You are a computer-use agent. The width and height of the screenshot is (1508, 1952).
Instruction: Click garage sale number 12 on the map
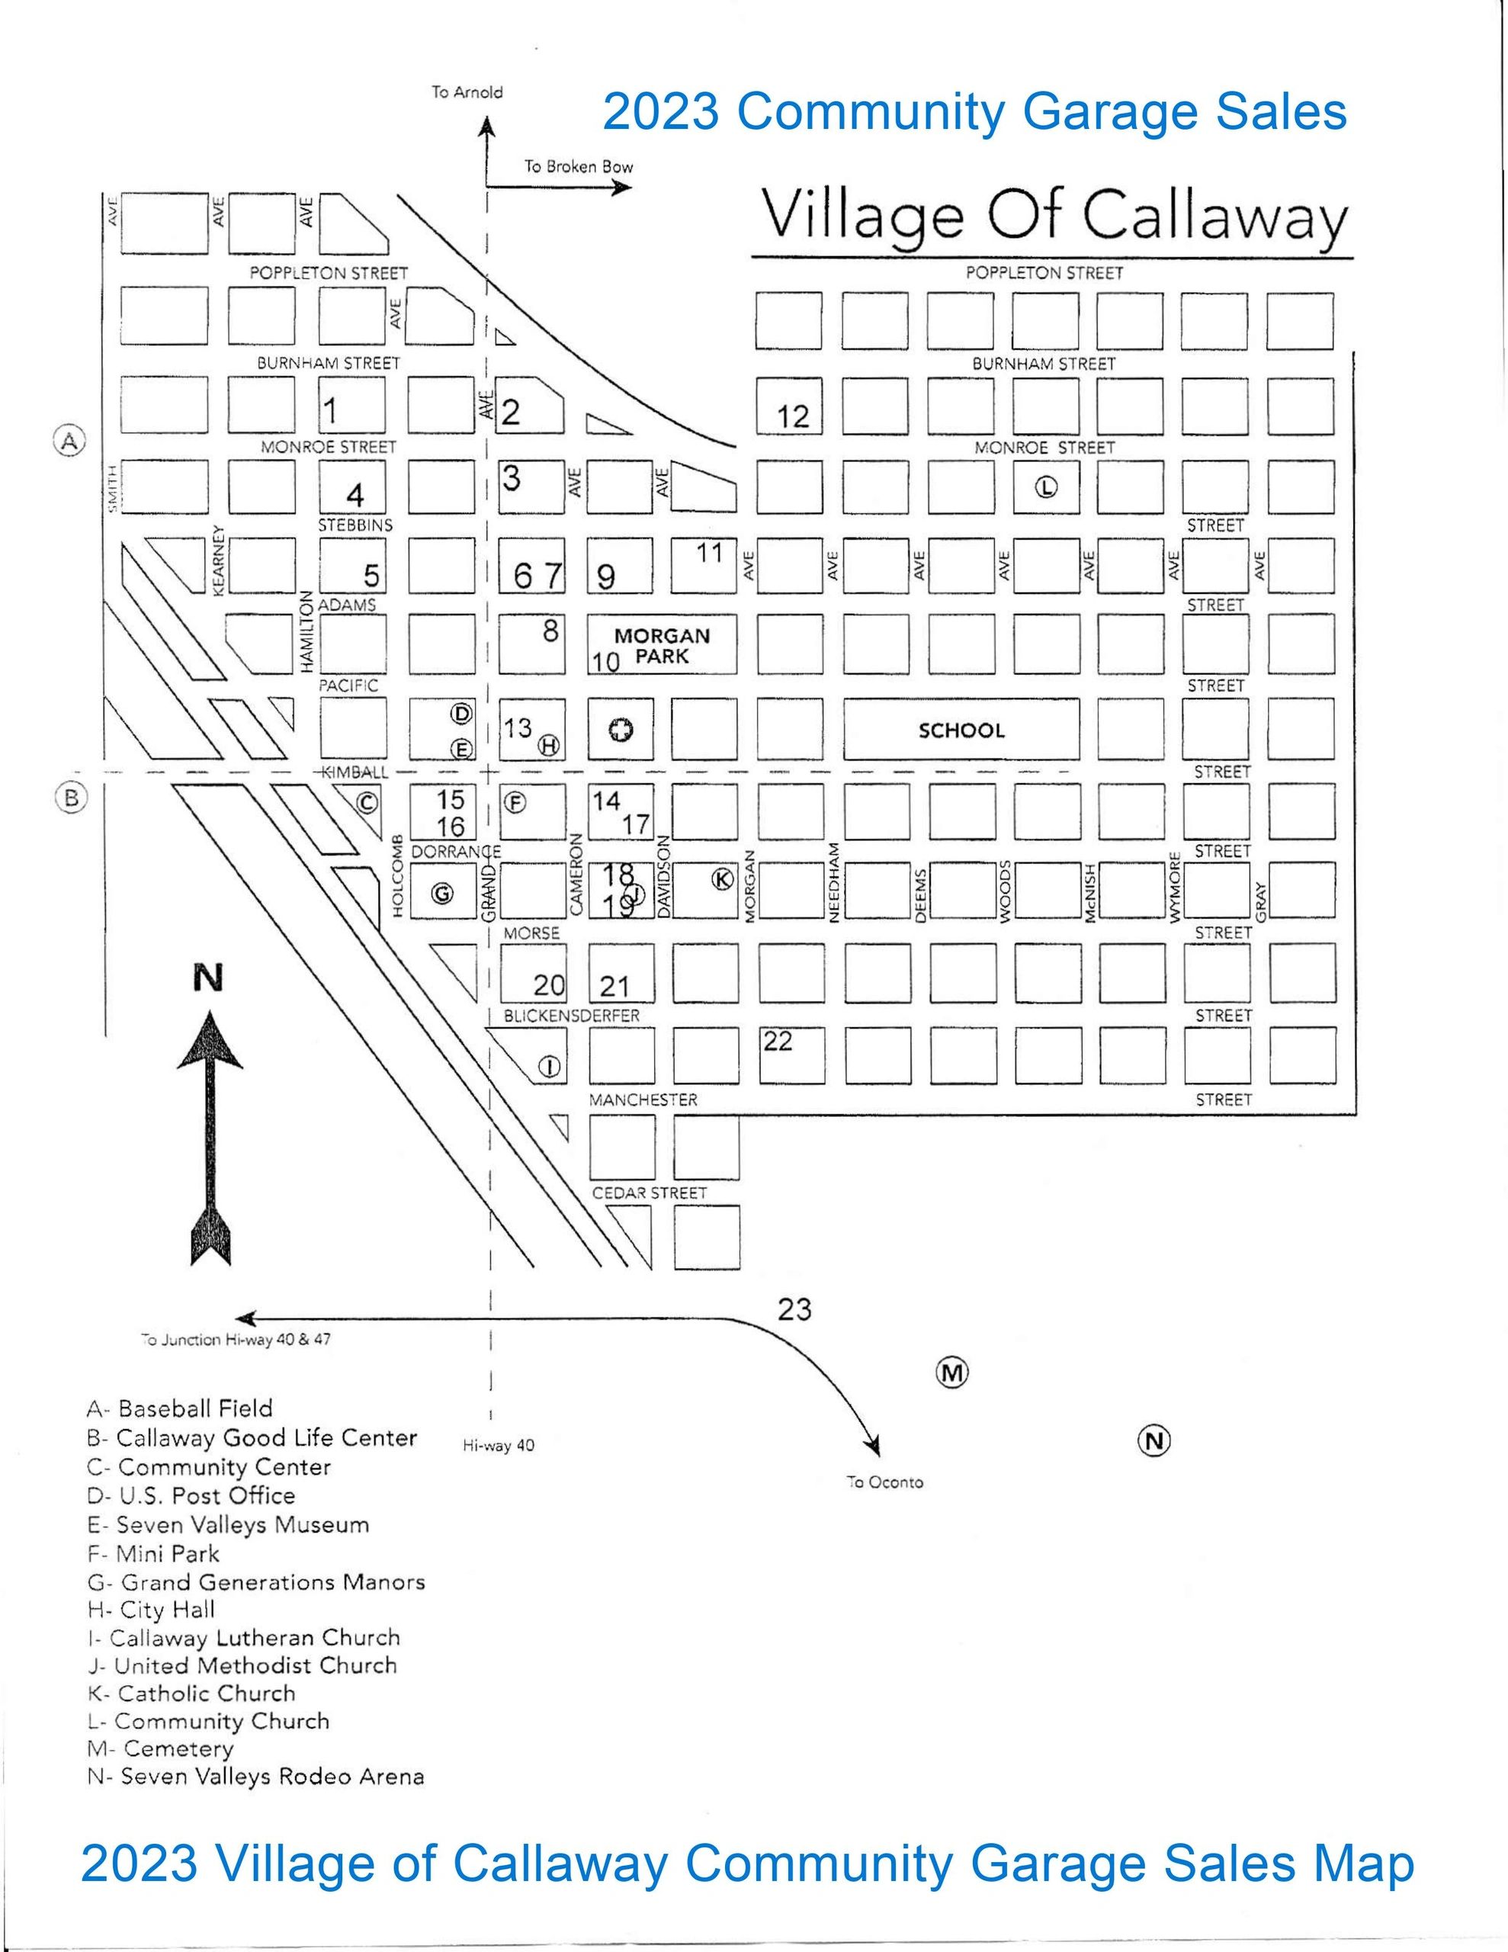pos(793,416)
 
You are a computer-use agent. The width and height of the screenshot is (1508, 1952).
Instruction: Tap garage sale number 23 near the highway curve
pos(794,1309)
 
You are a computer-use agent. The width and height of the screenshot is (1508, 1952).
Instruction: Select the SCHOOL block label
pos(961,730)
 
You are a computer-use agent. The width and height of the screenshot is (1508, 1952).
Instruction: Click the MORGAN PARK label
pos(663,646)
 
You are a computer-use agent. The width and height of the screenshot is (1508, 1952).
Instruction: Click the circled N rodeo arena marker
pos(1154,1440)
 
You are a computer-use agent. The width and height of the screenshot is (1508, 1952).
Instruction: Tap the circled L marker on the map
pos(1046,487)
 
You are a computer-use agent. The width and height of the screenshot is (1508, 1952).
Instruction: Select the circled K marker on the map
pos(721,879)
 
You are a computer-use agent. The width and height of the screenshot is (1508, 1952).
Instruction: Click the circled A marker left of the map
pos(69,440)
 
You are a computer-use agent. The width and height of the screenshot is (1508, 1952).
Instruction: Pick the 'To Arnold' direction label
pos(467,92)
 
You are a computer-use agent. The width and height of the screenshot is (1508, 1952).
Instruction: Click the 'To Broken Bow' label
pos(579,166)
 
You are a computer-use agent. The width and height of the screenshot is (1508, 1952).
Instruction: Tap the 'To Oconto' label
pos(885,1482)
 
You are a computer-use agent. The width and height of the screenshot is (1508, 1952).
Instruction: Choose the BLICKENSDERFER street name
pos(571,1016)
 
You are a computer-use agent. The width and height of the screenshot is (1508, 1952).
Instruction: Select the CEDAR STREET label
pos(649,1193)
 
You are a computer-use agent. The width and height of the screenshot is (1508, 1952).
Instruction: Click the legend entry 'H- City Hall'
pos(151,1610)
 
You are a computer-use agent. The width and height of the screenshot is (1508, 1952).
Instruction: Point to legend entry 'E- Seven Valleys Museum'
pos(228,1525)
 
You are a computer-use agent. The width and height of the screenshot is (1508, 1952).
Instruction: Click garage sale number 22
pos(778,1042)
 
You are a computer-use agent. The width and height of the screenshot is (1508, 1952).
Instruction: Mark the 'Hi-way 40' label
pos(499,1445)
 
